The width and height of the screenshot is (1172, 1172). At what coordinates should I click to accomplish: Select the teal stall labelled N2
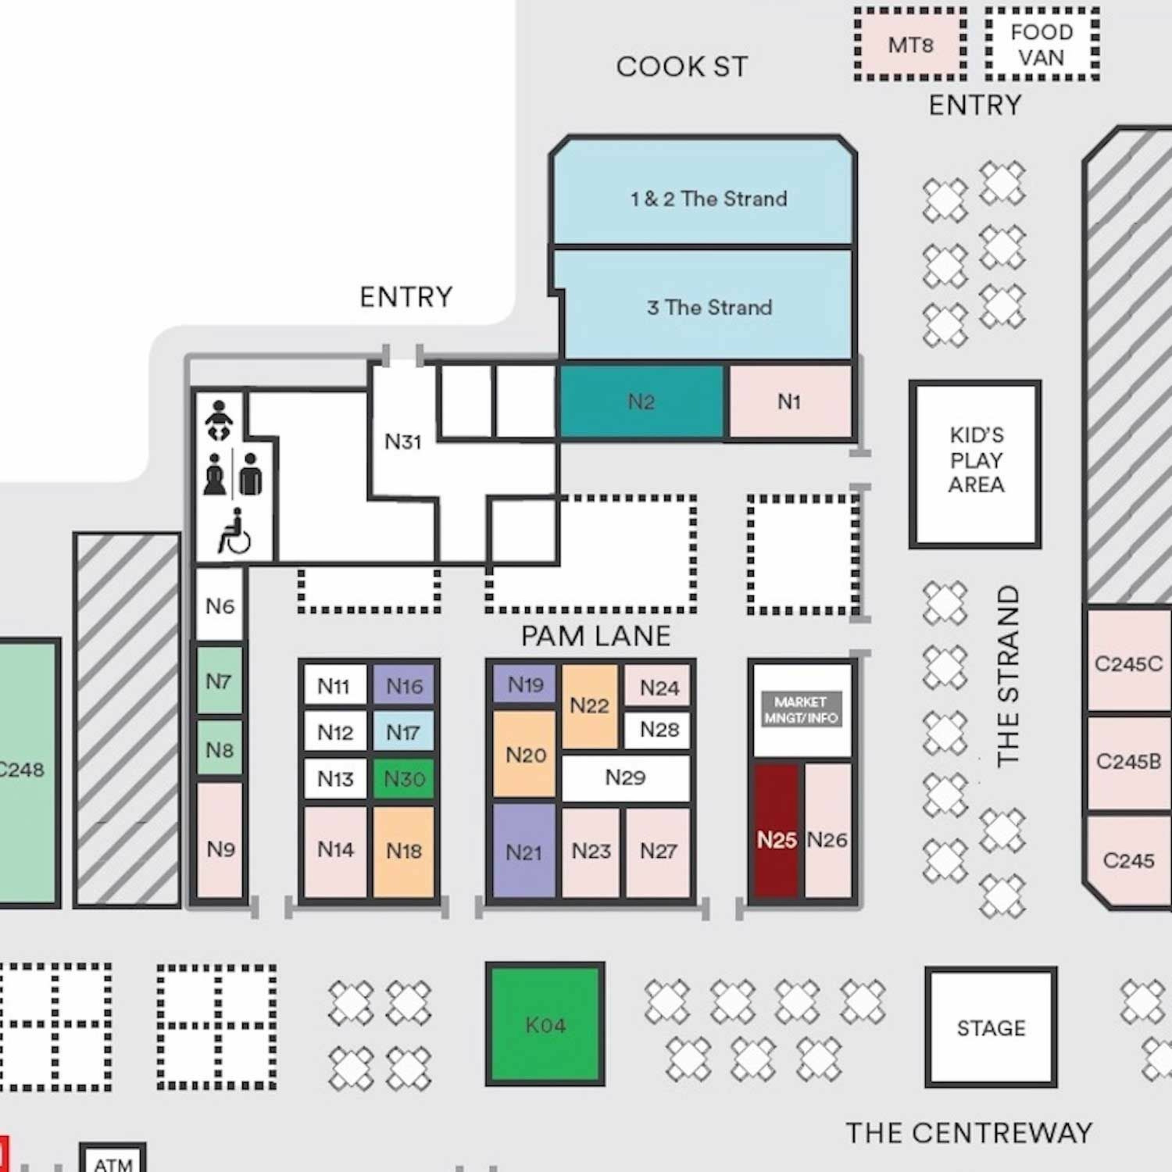(x=641, y=402)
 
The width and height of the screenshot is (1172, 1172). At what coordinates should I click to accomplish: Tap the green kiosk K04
(x=545, y=1025)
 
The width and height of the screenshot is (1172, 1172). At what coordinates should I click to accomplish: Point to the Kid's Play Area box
(x=975, y=464)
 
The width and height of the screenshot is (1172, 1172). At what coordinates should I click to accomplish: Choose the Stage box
(x=991, y=1027)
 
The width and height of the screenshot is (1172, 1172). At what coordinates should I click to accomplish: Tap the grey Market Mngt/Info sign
(x=801, y=709)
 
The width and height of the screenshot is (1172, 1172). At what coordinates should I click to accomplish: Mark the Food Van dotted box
(x=1042, y=44)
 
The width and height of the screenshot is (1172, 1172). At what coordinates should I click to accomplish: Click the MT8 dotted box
(x=910, y=44)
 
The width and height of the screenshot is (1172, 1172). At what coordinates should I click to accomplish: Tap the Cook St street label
(x=681, y=67)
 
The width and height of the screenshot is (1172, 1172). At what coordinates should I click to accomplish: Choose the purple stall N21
(x=523, y=851)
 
